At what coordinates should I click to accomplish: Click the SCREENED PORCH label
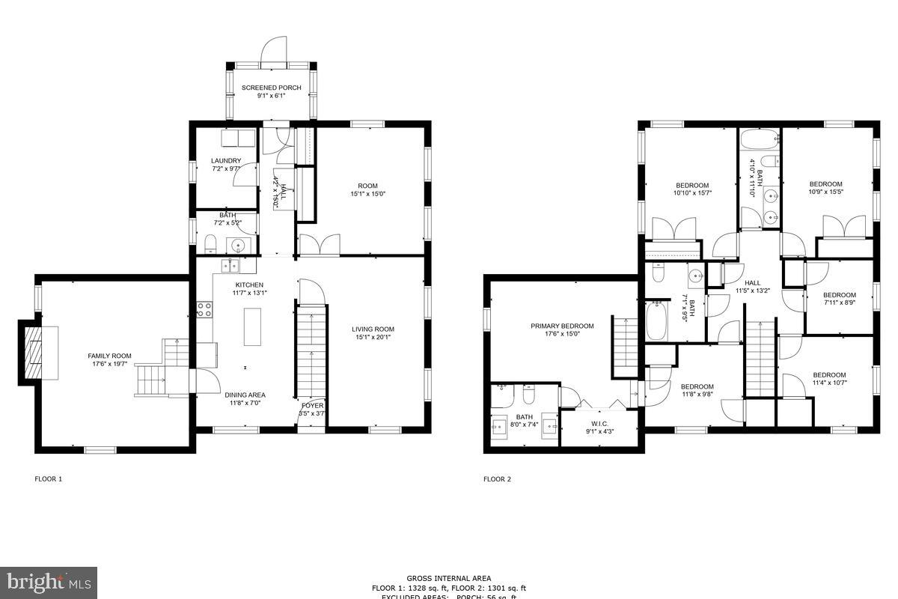[271, 88]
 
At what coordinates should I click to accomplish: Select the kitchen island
[252, 326]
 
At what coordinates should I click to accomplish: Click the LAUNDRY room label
[225, 160]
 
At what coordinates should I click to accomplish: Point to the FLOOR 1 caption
[49, 479]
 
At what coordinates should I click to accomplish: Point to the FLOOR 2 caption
[497, 479]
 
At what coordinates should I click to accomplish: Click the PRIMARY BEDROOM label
[562, 326]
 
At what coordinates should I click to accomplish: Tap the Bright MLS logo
[49, 581]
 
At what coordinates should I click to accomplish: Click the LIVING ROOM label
[373, 329]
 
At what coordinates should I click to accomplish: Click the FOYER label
[312, 405]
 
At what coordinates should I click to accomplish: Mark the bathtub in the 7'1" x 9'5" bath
[656, 321]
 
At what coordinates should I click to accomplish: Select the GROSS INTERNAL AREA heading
[449, 578]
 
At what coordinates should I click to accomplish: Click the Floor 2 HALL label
[752, 282]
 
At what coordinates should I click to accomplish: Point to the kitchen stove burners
[204, 309]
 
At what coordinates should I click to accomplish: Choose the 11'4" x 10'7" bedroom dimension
[829, 383]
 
